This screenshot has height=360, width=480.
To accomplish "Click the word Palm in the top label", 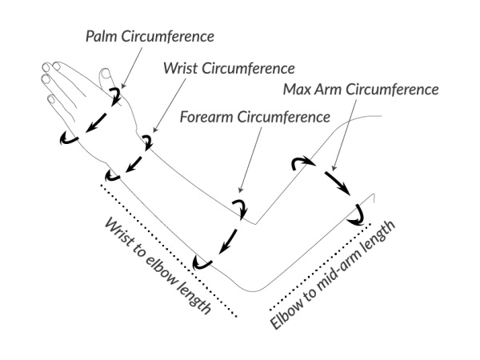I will pyautogui.click(x=101, y=36).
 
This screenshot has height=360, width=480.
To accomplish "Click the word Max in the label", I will pyautogui.click(x=298, y=89).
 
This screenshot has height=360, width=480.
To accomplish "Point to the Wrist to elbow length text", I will pyautogui.click(x=158, y=265).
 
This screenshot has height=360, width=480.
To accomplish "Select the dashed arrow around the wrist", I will pyautogui.click(x=130, y=160).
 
